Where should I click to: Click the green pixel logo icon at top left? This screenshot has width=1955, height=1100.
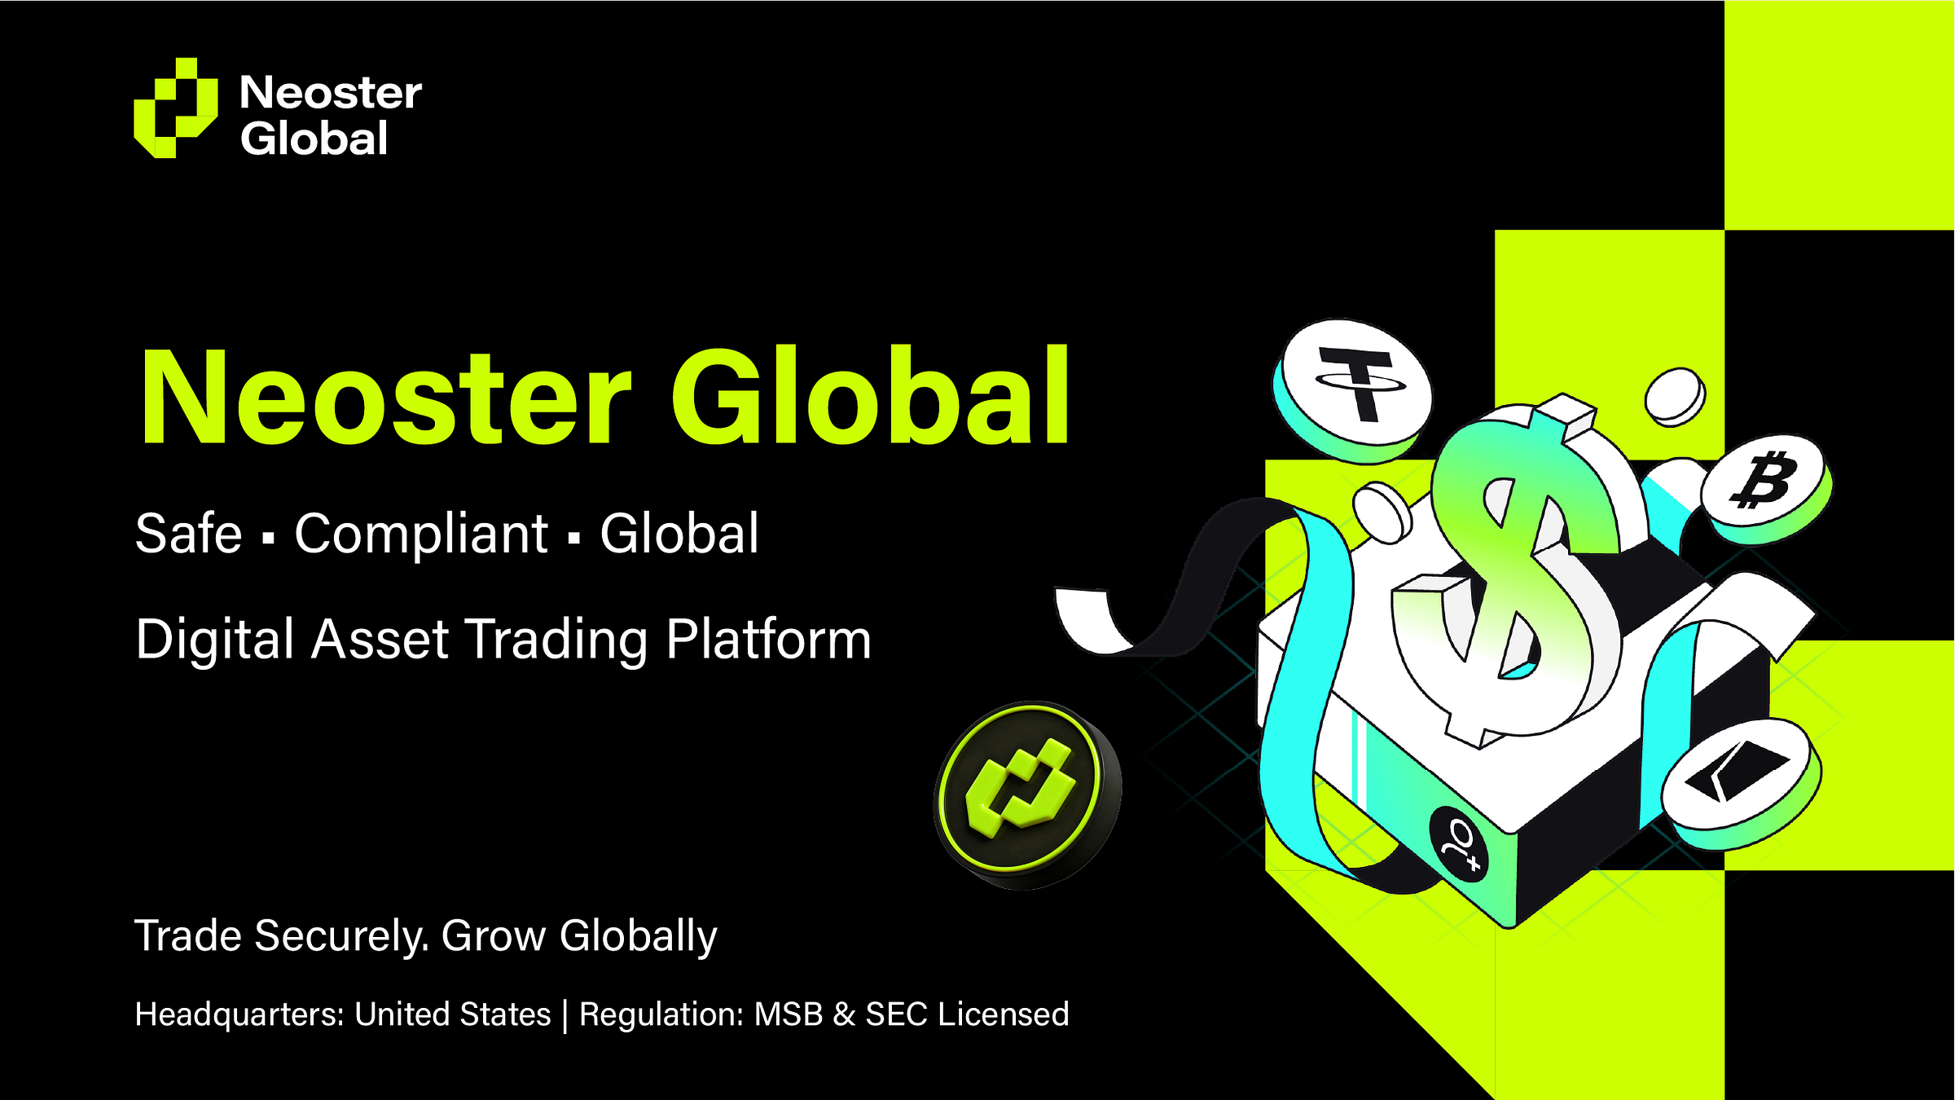(x=175, y=108)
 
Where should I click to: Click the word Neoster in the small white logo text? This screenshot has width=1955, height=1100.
(x=331, y=93)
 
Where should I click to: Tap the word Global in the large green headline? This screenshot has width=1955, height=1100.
(x=870, y=397)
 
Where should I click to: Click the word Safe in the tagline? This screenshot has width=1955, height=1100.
(x=188, y=535)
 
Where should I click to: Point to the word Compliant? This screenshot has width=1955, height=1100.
(x=420, y=535)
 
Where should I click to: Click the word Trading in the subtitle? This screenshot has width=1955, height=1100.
(x=556, y=640)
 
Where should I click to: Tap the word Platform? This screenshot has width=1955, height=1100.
(x=768, y=640)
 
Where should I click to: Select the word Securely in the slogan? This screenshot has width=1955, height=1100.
(x=341, y=935)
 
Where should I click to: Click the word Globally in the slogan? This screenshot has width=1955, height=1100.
(x=638, y=935)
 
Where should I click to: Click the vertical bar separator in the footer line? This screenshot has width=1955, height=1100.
(x=565, y=1015)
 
